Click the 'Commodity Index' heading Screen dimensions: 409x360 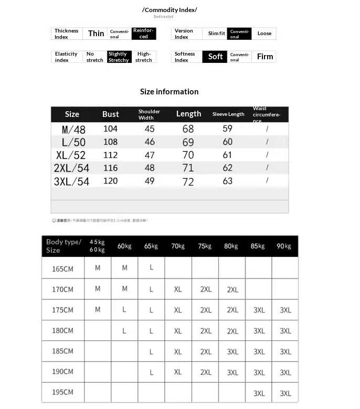point(170,10)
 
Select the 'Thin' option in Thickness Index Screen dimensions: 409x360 point(96,34)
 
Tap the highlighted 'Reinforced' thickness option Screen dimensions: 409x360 point(143,34)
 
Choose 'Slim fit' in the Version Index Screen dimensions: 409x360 point(216,34)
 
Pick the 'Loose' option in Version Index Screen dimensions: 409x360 point(264,34)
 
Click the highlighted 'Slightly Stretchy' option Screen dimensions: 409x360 point(119,57)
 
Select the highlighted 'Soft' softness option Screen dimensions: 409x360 point(215,57)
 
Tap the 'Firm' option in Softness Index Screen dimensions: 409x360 point(264,57)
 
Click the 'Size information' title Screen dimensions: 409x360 point(169,92)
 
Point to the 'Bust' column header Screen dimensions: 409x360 point(110,114)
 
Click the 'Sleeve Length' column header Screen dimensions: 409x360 point(228,114)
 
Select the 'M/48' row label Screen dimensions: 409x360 point(73,129)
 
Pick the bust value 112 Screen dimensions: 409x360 point(110,155)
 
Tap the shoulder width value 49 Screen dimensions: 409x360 point(150,181)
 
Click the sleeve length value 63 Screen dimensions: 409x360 point(227,181)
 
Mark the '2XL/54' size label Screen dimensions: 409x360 point(71,168)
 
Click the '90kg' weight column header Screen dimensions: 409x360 point(284,246)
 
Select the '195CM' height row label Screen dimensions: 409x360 point(62,392)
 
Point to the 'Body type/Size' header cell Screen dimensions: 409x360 point(63,246)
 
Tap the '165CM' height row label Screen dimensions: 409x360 point(62,268)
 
